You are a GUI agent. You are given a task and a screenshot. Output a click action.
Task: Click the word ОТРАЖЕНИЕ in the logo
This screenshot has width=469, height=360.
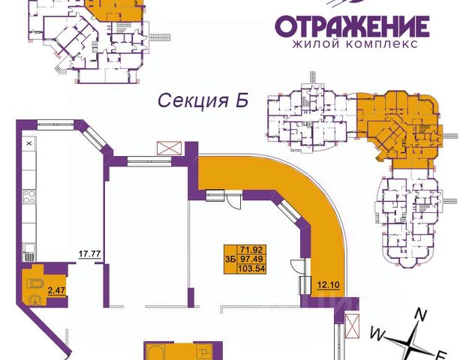[351, 26]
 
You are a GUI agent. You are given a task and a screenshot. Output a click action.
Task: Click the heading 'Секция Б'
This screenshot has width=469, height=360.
[201, 100]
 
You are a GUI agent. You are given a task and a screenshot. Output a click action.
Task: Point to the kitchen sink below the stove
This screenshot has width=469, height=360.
[29, 248]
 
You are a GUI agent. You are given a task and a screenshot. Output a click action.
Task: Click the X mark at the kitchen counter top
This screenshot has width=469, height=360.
[29, 142]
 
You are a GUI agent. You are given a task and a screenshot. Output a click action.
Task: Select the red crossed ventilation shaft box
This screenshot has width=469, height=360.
[170, 148]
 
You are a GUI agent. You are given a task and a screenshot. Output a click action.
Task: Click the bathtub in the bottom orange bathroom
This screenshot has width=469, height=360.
[160, 352]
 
